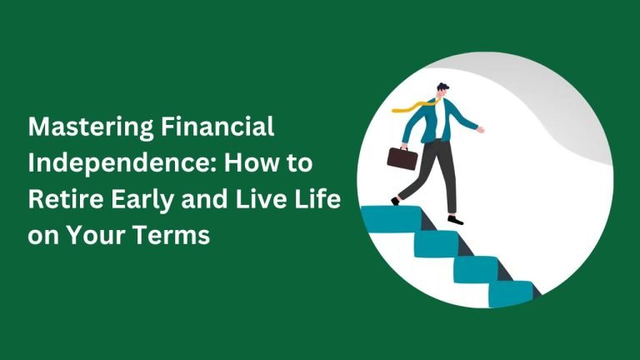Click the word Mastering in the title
91,127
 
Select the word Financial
217,127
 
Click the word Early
142,200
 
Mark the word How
249,162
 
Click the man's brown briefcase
402,158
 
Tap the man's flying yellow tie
413,106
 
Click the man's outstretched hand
480,130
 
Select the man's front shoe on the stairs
456,220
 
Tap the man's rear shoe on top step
395,201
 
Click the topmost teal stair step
392,219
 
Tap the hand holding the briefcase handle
404,147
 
